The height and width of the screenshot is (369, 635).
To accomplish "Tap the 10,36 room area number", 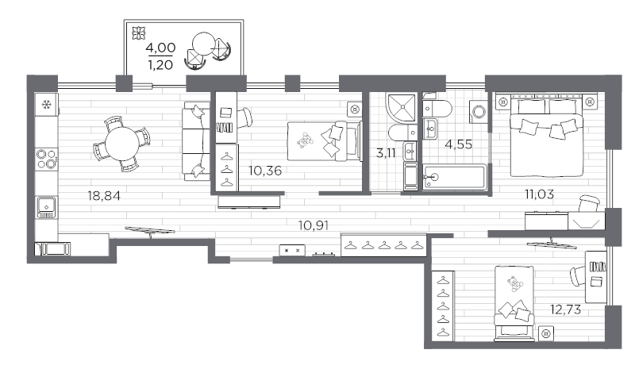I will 265,169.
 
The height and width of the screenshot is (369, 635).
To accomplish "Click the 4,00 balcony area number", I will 160,48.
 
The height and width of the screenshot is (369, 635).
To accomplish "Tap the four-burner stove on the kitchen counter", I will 47,160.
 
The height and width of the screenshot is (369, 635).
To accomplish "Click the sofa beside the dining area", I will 195,141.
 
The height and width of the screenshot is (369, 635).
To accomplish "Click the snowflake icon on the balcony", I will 138,33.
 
